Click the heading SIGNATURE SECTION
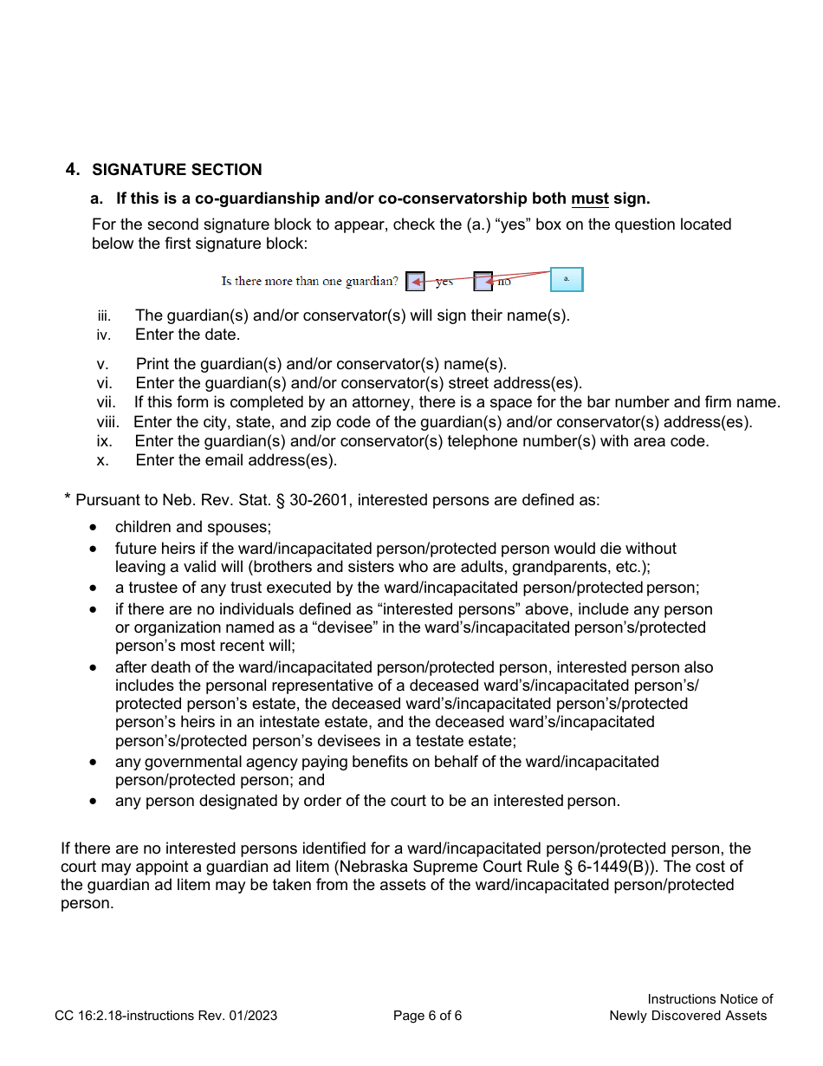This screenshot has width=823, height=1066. [x=177, y=170]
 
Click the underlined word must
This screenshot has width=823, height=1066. [x=589, y=199]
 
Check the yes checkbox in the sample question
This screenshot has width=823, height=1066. [x=416, y=281]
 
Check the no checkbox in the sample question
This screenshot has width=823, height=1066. [x=483, y=281]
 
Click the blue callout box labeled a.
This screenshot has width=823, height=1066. [x=567, y=279]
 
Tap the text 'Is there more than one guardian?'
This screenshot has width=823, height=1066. [x=309, y=282]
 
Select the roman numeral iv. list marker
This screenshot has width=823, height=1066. [x=104, y=335]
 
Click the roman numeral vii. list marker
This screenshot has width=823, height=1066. [x=106, y=402]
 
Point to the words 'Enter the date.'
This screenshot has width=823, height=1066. [x=187, y=335]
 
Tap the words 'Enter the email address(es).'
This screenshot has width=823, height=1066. [x=236, y=460]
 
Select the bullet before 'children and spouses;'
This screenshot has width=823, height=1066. [x=94, y=528]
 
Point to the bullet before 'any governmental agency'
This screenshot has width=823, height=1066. [x=94, y=763]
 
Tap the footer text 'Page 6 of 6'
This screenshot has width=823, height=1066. [x=427, y=1016]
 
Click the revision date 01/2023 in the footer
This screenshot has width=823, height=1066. [x=252, y=1016]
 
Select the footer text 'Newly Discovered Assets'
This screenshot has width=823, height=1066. [x=688, y=1016]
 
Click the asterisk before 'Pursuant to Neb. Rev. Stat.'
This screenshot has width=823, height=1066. [x=67, y=497]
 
